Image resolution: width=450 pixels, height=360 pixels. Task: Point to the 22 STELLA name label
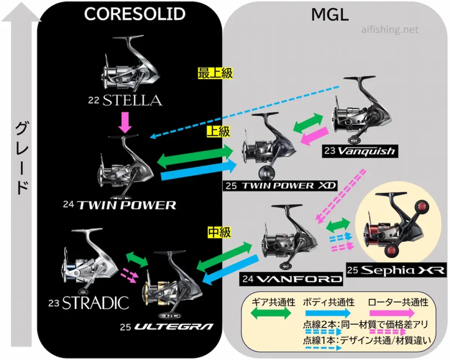click(x=125, y=101)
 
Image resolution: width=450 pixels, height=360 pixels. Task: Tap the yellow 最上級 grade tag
click(x=215, y=73)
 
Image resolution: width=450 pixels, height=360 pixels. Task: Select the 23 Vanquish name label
click(x=359, y=151)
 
